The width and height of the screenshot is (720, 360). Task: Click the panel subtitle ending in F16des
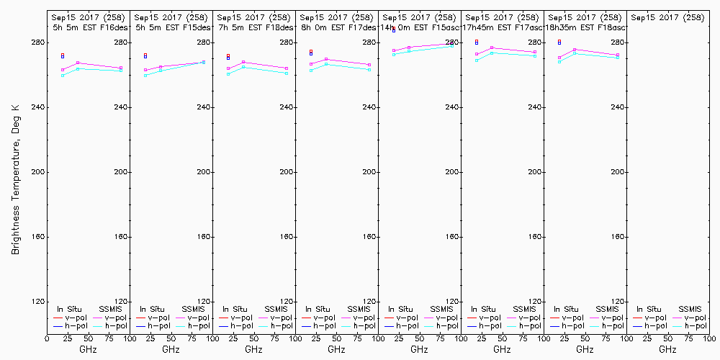[x=88, y=27]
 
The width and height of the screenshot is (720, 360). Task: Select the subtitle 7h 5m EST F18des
[x=254, y=27]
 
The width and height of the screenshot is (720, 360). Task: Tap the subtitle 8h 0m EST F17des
[x=337, y=27]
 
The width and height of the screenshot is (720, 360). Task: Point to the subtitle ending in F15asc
[x=419, y=27]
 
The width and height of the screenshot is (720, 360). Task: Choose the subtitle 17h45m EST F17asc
[x=502, y=27]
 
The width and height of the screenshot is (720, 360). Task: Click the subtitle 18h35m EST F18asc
[x=585, y=27]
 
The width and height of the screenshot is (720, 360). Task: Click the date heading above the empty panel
[x=667, y=17]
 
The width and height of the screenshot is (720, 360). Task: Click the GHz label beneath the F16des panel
[x=88, y=349]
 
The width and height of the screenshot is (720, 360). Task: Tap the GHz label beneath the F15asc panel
[x=419, y=349]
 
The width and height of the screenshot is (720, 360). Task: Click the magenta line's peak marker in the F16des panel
[x=78, y=63]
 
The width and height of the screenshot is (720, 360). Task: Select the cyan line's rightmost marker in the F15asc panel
[x=452, y=46]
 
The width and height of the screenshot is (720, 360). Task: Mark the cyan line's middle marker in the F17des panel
[x=326, y=64]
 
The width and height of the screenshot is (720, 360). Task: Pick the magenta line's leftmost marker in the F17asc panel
[x=477, y=55]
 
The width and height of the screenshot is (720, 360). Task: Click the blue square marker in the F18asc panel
[x=559, y=43]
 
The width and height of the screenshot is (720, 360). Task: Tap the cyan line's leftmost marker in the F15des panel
[x=145, y=76]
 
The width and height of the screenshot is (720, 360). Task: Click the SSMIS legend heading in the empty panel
[x=690, y=309]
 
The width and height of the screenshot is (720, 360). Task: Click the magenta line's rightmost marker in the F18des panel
[x=287, y=68]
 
